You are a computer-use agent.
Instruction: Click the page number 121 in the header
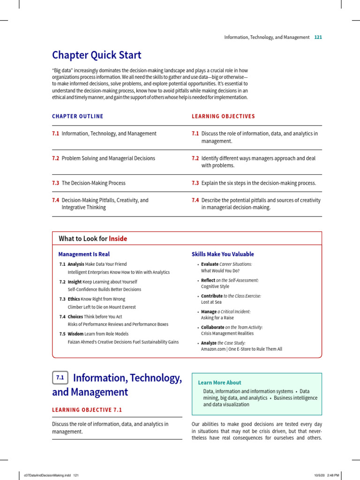point(318,37)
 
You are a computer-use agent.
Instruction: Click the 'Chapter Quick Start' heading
point(97,55)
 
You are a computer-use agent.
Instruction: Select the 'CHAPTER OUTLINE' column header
point(77,116)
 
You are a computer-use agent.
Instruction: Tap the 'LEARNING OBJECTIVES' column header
point(223,116)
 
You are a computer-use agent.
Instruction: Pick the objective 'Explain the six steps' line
point(259,183)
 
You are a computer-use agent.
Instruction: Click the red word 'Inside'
point(118,239)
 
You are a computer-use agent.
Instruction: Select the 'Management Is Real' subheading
point(84,254)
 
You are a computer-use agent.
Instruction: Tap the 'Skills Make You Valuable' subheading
point(223,254)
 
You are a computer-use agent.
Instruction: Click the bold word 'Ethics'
point(74,299)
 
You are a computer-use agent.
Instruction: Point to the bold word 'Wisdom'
point(75,334)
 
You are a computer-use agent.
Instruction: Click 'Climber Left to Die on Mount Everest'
point(102,307)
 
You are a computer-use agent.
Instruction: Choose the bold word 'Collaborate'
point(212,327)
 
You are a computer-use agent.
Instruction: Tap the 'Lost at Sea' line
point(211,302)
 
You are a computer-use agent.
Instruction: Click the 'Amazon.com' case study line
point(241,349)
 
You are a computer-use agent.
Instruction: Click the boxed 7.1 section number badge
point(60,377)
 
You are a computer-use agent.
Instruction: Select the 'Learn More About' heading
point(220,382)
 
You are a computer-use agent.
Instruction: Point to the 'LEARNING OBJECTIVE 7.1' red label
point(87,410)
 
